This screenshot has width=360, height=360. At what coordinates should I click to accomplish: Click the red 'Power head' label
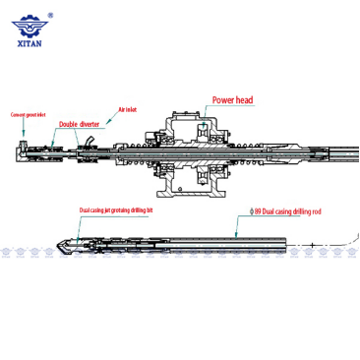[233, 99]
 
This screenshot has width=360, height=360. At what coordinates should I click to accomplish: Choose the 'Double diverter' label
[79, 125]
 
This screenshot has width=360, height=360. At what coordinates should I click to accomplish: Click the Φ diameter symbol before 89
[253, 210]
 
